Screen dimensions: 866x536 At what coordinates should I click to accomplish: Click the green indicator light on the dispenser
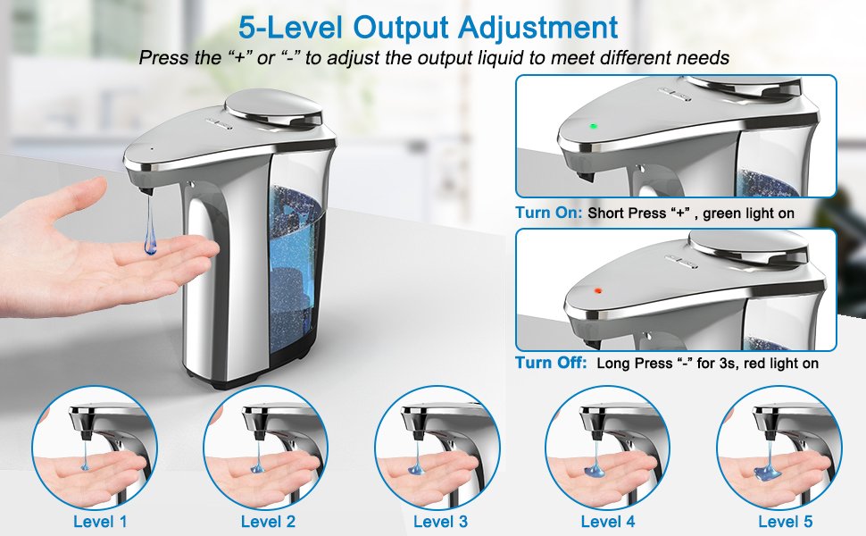pyautogui.click(x=594, y=126)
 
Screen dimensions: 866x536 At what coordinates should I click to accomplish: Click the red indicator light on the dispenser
pyautogui.click(x=597, y=290)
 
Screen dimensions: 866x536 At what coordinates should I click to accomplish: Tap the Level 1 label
pyautogui.click(x=100, y=521)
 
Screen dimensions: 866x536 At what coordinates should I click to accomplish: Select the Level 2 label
pyautogui.click(x=269, y=521)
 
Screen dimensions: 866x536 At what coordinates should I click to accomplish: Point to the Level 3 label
pyautogui.click(x=441, y=521)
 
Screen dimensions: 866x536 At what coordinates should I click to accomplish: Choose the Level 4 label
pyautogui.click(x=608, y=521)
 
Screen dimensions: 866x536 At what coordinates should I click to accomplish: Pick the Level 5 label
pyautogui.click(x=786, y=521)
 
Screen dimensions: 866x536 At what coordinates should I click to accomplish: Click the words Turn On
pyautogui.click(x=548, y=213)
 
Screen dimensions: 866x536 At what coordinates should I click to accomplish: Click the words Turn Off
pyautogui.click(x=551, y=363)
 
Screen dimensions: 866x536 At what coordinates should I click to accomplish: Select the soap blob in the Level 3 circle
pyautogui.click(x=417, y=470)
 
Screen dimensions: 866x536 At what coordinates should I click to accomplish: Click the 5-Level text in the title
pyautogui.click(x=290, y=28)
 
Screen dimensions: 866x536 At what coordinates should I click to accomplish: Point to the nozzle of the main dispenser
pyautogui.click(x=146, y=191)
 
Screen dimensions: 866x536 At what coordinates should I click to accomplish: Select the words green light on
pyautogui.click(x=748, y=214)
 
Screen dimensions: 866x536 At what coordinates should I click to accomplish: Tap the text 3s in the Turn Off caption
pyautogui.click(x=729, y=363)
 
